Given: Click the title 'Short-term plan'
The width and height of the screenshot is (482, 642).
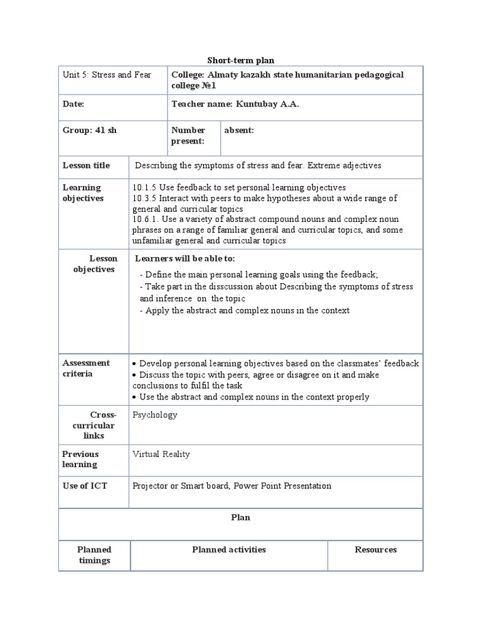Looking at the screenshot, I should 241,60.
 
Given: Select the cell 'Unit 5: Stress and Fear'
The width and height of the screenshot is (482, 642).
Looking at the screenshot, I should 107,75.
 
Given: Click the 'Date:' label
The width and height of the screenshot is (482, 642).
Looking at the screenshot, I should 73,104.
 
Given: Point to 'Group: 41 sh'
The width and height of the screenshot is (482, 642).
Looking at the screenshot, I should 87,130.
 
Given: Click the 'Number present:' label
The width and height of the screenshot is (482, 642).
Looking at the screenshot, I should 188,135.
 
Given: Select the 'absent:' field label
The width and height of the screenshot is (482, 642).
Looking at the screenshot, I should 239,130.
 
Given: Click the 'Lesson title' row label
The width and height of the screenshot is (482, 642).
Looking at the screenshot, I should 86,166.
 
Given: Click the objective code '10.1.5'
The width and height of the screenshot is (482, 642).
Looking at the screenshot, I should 144,187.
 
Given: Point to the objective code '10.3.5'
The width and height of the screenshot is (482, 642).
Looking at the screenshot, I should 144,198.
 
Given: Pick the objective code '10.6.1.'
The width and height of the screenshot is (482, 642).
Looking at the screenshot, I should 146,219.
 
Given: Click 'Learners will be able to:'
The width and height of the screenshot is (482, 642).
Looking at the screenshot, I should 186,259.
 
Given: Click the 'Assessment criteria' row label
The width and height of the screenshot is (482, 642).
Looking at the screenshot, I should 86,368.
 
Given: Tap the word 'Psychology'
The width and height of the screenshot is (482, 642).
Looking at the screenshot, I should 155,415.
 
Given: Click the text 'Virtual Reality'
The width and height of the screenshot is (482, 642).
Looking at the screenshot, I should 161,454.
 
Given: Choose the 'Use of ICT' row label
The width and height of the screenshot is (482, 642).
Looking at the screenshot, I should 85,486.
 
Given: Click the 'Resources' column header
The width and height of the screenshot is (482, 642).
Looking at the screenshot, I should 375,550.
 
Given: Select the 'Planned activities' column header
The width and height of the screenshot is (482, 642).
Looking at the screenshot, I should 228,550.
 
